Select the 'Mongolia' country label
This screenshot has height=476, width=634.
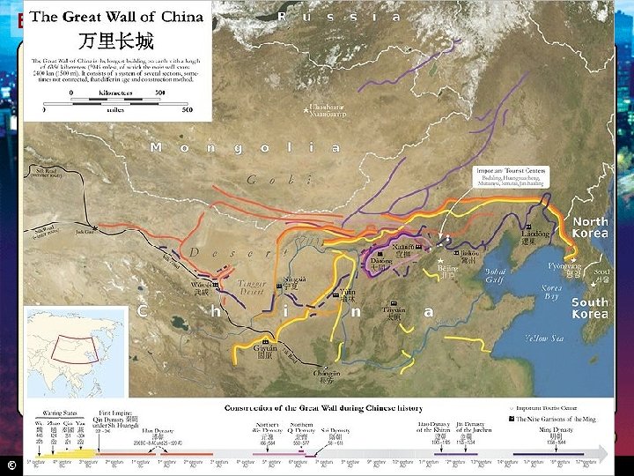(245, 148)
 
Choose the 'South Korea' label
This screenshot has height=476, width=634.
(589, 308)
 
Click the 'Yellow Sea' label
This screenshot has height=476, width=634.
(544, 338)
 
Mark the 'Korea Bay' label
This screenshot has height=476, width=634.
(552, 293)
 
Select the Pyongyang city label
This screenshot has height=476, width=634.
(564, 270)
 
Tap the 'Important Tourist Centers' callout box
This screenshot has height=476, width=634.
(511, 175)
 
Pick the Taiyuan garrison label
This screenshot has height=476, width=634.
(394, 312)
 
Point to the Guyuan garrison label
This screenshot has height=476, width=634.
(265, 352)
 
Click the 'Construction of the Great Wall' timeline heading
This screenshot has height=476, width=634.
(323, 408)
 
